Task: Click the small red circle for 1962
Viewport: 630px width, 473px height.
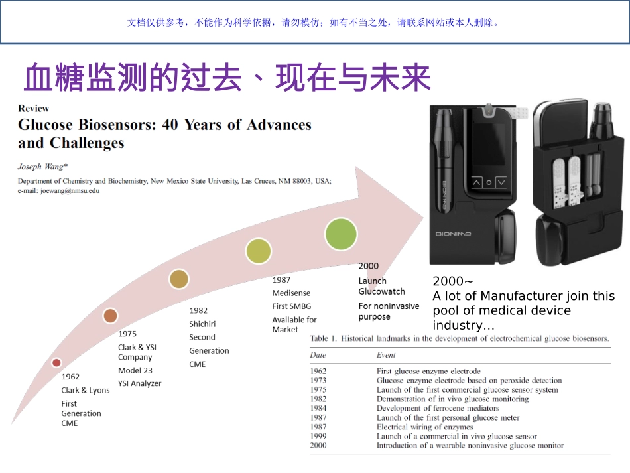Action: [56, 362]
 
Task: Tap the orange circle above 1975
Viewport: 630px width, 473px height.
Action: [110, 316]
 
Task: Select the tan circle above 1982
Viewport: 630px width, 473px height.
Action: [178, 279]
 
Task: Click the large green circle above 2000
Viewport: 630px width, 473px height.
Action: [341, 234]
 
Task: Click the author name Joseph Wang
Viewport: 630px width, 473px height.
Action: [40, 167]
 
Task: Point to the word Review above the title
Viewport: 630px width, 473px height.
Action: [33, 108]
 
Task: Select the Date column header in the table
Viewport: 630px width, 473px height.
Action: [318, 355]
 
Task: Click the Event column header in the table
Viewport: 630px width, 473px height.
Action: [386, 355]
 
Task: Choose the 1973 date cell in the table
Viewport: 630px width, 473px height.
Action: [318, 381]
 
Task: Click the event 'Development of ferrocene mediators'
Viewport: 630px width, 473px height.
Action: [438, 409]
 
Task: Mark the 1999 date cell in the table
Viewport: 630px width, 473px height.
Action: [318, 437]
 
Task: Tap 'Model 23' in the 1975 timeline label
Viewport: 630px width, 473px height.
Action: [135, 370]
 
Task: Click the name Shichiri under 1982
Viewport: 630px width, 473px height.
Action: [202, 324]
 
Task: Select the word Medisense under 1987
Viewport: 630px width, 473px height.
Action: [291, 293]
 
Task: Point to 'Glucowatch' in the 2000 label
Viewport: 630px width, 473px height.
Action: [381, 291]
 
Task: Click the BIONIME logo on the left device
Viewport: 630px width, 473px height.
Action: [454, 234]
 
